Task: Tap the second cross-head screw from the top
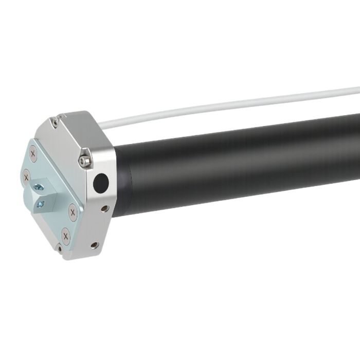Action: [26, 177]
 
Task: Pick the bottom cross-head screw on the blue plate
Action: [65, 236]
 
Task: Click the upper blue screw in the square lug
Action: [38, 185]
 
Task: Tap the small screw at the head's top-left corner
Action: [54, 122]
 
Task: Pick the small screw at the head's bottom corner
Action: [60, 250]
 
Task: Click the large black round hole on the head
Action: [101, 182]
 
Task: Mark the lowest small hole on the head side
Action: [94, 245]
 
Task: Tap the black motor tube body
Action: [247, 165]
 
